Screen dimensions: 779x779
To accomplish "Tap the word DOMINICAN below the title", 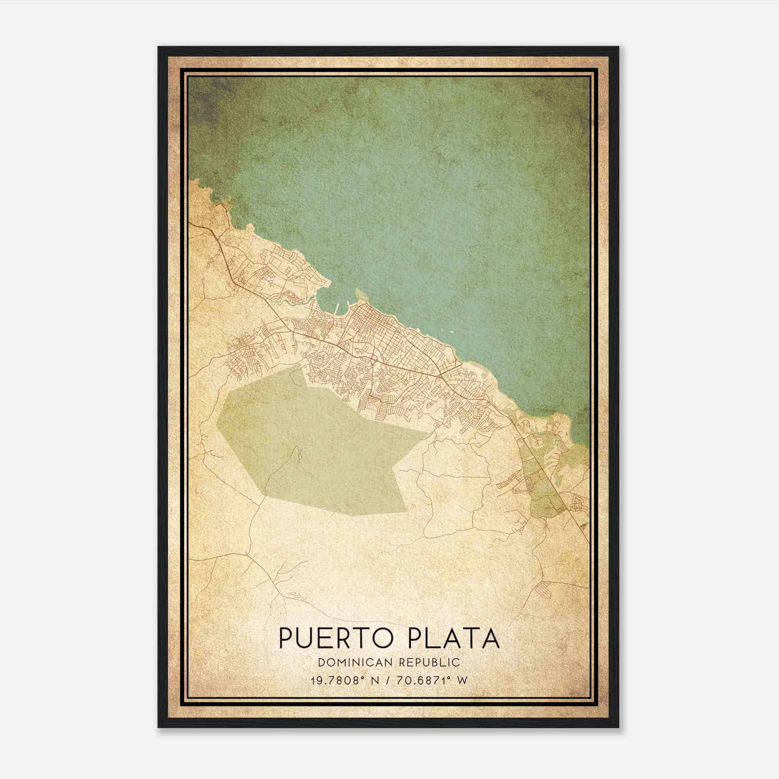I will pos(350,662).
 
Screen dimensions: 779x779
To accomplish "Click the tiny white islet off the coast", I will pos(452,333).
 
